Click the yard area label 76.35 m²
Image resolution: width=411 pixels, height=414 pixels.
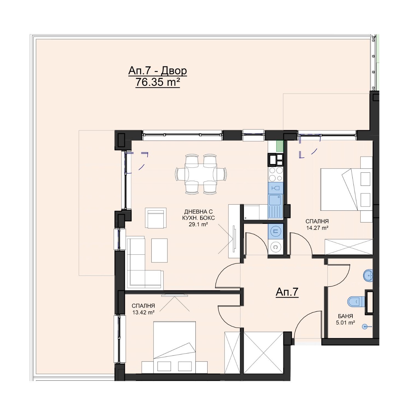pos(158,82)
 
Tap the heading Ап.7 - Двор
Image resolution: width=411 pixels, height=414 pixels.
pos(158,71)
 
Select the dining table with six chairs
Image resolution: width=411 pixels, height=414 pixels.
pos(201,174)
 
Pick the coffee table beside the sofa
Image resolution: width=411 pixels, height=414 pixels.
pos(160,250)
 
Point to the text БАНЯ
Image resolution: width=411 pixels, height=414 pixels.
pos(345,316)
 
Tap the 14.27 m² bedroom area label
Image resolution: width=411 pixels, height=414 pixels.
pos(317,227)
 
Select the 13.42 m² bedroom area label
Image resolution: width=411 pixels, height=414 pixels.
pos(143,312)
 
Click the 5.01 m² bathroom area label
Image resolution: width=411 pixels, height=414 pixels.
pos(345,323)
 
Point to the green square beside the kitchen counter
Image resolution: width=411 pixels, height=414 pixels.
pos(279,146)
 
